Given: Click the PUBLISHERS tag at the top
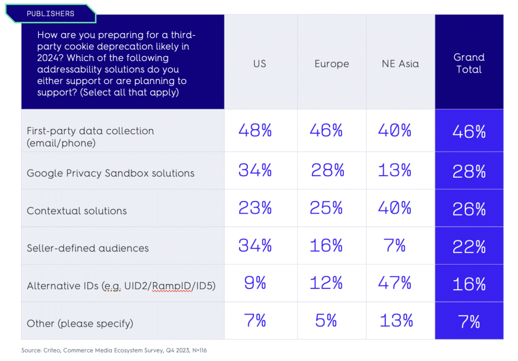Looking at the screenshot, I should coord(51,14).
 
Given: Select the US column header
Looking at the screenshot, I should coord(260,64).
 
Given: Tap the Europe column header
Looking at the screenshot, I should coord(331,64).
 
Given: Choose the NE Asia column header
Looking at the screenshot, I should coord(400,64).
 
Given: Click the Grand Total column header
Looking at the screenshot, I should coord(469,63).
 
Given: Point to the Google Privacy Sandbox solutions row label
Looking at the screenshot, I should coord(110,173).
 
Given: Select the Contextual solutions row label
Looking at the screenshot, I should coord(77,211).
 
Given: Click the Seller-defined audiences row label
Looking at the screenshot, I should coord(88,248).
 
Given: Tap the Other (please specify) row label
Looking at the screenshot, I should coord(80,323).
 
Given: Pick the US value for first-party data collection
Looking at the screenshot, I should coord(255,131).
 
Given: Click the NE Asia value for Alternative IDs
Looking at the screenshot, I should coord(395,283).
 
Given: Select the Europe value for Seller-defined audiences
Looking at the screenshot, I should coord(326,246).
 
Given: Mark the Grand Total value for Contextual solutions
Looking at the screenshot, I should coord(469,209).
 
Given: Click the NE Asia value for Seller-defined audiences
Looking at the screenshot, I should coord(395,246).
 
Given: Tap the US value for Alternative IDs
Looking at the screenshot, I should coord(255,283).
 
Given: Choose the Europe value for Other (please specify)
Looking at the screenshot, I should coord(326,321).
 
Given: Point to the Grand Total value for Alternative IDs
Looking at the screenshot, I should coord(469,284).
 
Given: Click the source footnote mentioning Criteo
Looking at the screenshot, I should coord(114,350).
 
